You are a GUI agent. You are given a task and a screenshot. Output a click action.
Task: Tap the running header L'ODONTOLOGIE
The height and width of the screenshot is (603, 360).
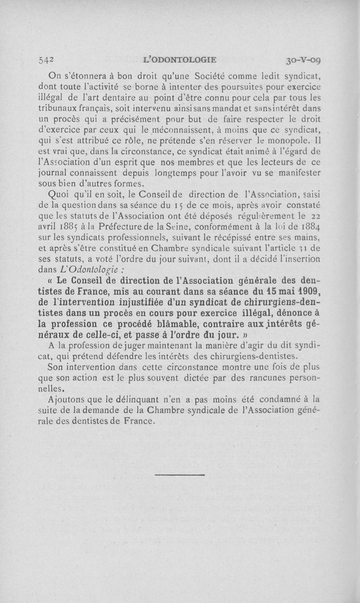pos(179,59)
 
